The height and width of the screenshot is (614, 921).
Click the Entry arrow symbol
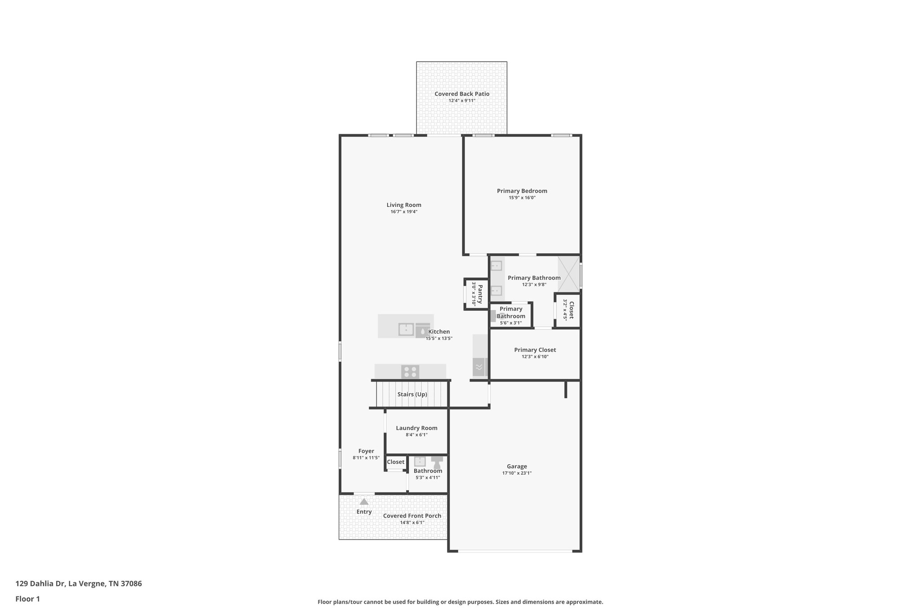[364, 502]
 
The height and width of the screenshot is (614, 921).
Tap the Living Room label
[404, 205]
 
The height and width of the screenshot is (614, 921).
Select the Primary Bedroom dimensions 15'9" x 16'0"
[522, 197]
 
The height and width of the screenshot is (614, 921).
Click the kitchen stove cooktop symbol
[410, 372]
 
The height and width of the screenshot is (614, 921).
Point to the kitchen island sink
[406, 329]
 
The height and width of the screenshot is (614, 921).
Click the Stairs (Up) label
[412, 394]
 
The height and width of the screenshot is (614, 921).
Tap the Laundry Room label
[416, 428]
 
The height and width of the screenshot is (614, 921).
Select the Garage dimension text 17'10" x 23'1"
[517, 473]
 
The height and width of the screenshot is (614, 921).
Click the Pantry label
[480, 294]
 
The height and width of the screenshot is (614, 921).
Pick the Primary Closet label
[535, 350]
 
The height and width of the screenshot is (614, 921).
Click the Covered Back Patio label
[461, 94]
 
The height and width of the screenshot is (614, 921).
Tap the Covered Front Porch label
[412, 516]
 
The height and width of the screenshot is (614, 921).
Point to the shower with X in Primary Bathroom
[568, 274]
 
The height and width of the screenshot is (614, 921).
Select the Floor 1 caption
[27, 599]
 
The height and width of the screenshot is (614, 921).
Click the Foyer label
[366, 451]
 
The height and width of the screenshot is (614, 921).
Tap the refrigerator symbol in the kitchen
[479, 367]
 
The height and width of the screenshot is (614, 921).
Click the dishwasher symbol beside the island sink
[423, 331]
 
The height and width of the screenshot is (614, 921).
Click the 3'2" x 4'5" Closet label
[571, 310]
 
